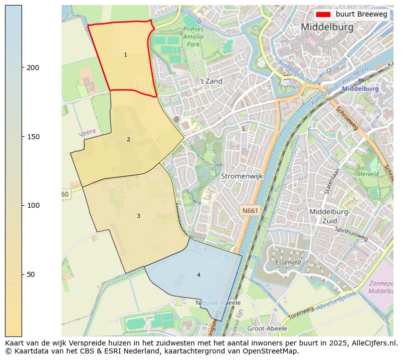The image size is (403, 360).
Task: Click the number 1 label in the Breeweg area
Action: [125, 55]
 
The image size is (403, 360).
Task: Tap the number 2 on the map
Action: [128, 139]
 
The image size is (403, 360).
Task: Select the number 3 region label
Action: [138, 216]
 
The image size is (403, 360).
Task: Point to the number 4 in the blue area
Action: [198, 275]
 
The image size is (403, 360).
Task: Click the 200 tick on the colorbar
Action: [33, 68]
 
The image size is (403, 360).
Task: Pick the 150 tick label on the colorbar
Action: [33, 137]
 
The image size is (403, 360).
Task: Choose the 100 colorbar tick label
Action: [33, 205]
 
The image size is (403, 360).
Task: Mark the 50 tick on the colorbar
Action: [31, 274]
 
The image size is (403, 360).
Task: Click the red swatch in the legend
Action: [323, 15]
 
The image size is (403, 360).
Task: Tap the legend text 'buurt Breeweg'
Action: [361, 15]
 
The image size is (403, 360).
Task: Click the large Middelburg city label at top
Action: [327, 27]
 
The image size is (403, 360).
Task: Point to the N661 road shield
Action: [249, 211]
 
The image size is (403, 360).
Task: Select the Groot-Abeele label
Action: [267, 328]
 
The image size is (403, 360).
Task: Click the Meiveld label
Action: [368, 174]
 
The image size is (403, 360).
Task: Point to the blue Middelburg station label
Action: [360, 89]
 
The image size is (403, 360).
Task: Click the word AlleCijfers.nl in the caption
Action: [370, 343]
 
